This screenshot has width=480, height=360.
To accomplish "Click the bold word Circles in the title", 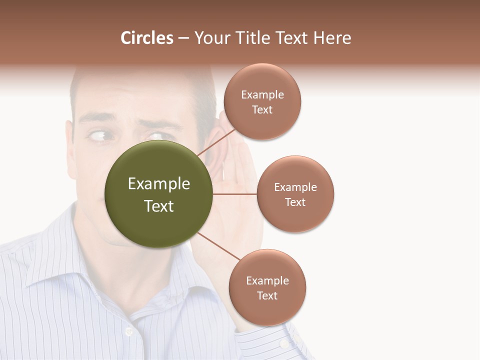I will tap(146, 38).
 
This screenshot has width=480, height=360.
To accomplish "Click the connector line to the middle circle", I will tap(235, 194).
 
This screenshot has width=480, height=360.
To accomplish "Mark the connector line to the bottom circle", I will tap(218, 246).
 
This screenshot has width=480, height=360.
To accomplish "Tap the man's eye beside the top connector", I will tap(156, 136).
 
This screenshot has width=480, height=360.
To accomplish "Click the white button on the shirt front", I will tap(129, 330).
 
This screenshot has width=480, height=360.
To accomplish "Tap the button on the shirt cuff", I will tap(284, 344).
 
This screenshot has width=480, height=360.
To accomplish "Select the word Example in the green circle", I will tap(158, 184).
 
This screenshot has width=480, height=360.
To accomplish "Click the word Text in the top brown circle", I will tap(262, 110).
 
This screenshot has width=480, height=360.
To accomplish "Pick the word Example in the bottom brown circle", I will tap(267, 281).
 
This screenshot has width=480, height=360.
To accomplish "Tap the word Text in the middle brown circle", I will tap(295, 202).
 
